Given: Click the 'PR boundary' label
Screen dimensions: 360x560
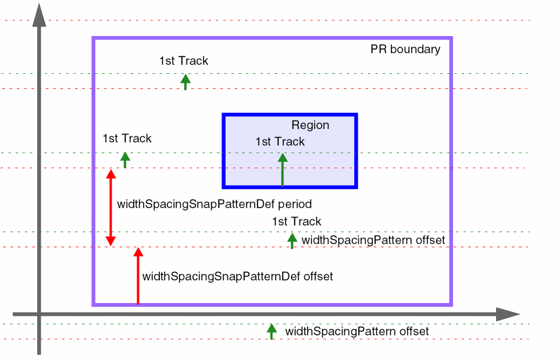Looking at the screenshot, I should pyautogui.click(x=405, y=49).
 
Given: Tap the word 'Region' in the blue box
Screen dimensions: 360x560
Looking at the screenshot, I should pyautogui.click(x=310, y=125).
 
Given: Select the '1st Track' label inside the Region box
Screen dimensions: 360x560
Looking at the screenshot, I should pyautogui.click(x=280, y=141).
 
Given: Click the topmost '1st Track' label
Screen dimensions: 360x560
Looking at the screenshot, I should pyautogui.click(x=183, y=60).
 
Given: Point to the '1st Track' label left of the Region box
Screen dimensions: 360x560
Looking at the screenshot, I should pyautogui.click(x=127, y=138).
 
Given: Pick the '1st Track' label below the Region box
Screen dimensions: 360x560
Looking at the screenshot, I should pyautogui.click(x=296, y=222).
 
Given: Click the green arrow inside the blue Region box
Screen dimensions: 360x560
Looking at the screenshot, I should pyautogui.click(x=283, y=170).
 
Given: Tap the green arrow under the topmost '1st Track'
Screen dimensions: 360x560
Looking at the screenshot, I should pyautogui.click(x=186, y=81).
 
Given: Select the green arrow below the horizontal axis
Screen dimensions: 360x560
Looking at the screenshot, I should pyautogui.click(x=272, y=332).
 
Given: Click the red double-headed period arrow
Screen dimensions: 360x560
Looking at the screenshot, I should pyautogui.click(x=110, y=207).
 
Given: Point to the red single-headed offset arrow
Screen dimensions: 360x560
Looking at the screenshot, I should pyautogui.click(x=138, y=276).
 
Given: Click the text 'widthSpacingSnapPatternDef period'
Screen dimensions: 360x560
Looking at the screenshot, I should pyautogui.click(x=215, y=204).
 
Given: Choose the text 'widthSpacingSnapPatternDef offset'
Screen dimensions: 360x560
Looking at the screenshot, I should pyautogui.click(x=237, y=276).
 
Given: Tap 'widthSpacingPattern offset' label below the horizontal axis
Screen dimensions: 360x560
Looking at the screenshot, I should pyautogui.click(x=356, y=332).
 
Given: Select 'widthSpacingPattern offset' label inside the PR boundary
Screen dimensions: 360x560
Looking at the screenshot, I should pyautogui.click(x=373, y=240).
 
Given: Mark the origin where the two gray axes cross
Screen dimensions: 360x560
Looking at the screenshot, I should pyautogui.click(x=39, y=315).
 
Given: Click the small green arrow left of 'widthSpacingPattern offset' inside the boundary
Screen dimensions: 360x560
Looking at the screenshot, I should pyautogui.click(x=292, y=240).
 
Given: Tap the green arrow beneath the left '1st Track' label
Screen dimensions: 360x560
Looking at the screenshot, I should pyautogui.click(x=125, y=159).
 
